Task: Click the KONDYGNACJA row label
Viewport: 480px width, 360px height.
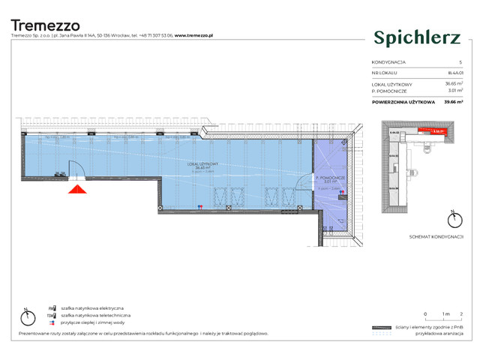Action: coord(389,62)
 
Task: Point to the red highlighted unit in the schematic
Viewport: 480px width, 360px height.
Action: coord(438,131)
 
